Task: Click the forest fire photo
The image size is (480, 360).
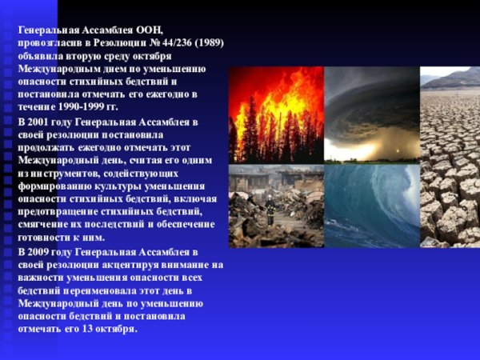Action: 275,114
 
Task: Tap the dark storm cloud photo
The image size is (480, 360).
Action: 371,114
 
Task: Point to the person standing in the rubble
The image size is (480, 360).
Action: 270,212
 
